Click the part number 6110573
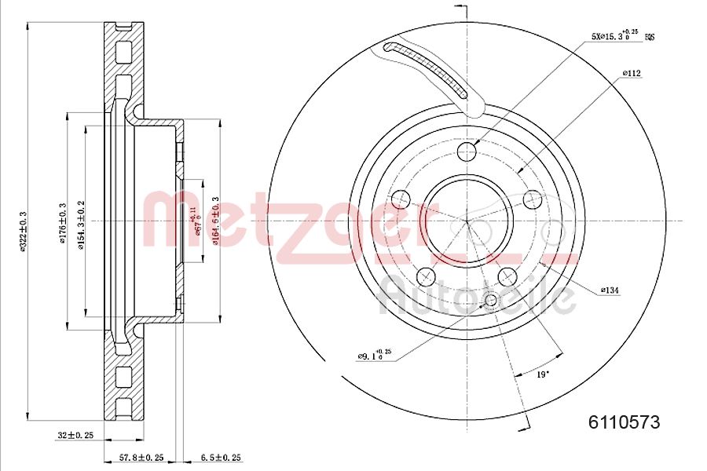click(624, 422)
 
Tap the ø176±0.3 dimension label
click(61, 222)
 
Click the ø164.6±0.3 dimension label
click(214, 221)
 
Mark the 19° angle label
click(541, 375)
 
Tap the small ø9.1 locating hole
click(492, 300)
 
